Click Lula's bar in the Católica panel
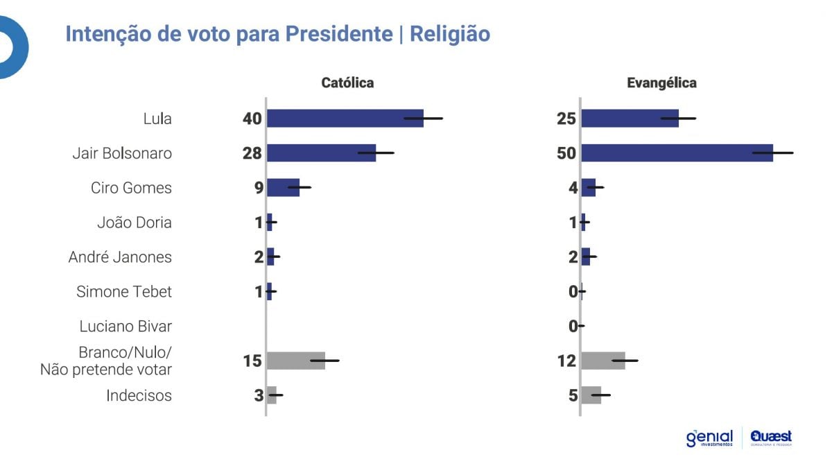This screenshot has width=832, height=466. coord(345,118)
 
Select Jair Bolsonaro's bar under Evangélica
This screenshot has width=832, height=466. coord(676,153)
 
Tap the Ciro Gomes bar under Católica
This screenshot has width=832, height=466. coord(283,187)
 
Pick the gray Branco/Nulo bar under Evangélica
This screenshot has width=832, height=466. coord(603,361)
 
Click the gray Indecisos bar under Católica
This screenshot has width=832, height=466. coord(272,395)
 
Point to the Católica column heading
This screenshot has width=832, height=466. coord(347,83)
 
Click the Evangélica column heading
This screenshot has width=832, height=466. coord(662,83)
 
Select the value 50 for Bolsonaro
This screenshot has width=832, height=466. coord(566,153)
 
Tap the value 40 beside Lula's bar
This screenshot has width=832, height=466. coord(252,118)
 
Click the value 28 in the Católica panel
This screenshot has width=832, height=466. coord(252,153)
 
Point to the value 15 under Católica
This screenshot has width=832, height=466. coord(252,361)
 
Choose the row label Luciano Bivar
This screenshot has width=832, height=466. coord(125,326)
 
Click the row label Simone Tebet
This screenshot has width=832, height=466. coord(124,291)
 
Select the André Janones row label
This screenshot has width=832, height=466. coord(120,257)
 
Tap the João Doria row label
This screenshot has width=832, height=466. coord(135,222)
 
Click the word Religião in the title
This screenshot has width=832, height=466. coord(450,34)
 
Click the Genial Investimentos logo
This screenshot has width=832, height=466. coord(709,438)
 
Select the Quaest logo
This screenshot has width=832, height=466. coord(771,438)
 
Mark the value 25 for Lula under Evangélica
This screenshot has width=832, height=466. coord(566,118)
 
